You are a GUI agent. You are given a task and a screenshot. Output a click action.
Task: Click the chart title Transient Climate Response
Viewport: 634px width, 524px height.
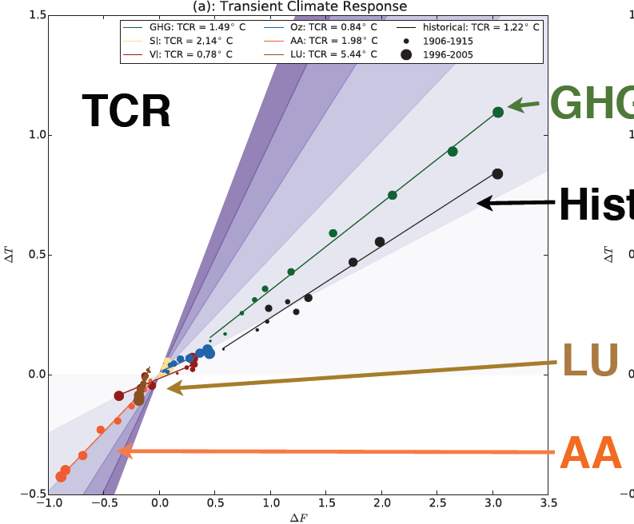tap(297, 6)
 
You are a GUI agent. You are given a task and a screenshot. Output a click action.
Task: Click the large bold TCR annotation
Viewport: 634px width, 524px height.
tap(126, 110)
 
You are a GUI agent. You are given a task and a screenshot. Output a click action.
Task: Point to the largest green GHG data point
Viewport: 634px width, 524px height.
tap(498, 112)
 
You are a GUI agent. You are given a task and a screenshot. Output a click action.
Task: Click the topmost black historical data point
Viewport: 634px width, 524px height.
tap(497, 174)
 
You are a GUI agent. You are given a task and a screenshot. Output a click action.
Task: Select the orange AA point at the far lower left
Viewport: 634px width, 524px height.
tap(61, 477)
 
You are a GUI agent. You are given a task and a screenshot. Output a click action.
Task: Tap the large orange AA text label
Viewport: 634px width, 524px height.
tap(591, 453)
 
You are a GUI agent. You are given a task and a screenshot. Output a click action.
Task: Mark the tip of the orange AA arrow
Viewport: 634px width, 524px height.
tap(118, 451)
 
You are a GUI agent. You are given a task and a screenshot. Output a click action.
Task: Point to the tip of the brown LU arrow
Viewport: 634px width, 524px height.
tap(168, 388)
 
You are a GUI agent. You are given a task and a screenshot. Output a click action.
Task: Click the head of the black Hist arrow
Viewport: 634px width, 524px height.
tap(478, 204)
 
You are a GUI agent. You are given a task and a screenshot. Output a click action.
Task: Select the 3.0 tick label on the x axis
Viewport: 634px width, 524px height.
tap(492, 505)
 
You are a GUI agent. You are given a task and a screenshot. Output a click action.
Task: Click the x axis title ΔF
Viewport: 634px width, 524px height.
tap(297, 518)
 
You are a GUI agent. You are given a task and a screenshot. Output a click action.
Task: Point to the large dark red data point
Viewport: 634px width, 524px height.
tap(119, 395)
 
